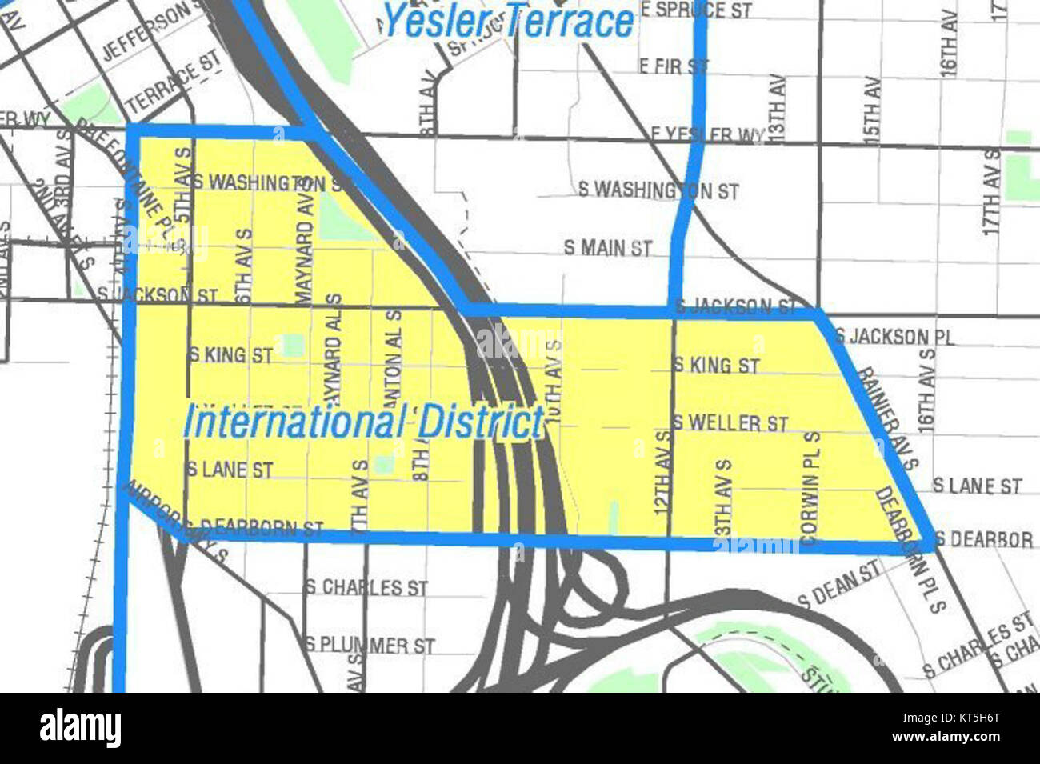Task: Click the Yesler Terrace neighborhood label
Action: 509,21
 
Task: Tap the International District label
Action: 363,422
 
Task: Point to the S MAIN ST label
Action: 608,248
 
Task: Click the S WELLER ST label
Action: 730,422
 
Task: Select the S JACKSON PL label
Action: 894,336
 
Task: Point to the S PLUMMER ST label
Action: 370,645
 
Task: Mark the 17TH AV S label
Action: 992,190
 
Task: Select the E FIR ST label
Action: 674,66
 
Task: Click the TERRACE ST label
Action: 172,86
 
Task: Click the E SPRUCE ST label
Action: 695,11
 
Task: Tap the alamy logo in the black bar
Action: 80,729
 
